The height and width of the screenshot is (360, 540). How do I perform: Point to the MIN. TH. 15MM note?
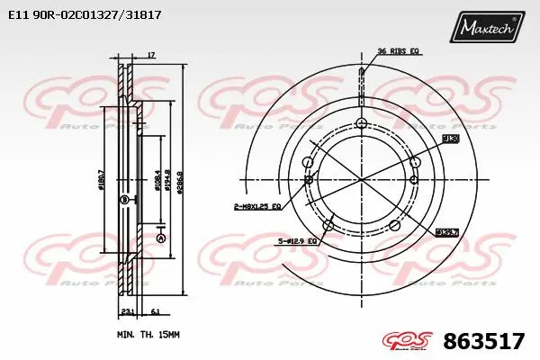point(149,334)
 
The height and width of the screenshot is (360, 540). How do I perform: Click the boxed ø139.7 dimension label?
point(447,232)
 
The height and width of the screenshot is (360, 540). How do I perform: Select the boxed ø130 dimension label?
point(451,139)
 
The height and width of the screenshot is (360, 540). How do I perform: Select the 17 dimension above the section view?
point(151,56)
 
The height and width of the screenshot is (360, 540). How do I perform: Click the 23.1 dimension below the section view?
point(127,310)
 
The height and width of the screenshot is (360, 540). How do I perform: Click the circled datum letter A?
point(161,238)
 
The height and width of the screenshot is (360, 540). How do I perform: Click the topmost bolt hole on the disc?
point(362,124)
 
